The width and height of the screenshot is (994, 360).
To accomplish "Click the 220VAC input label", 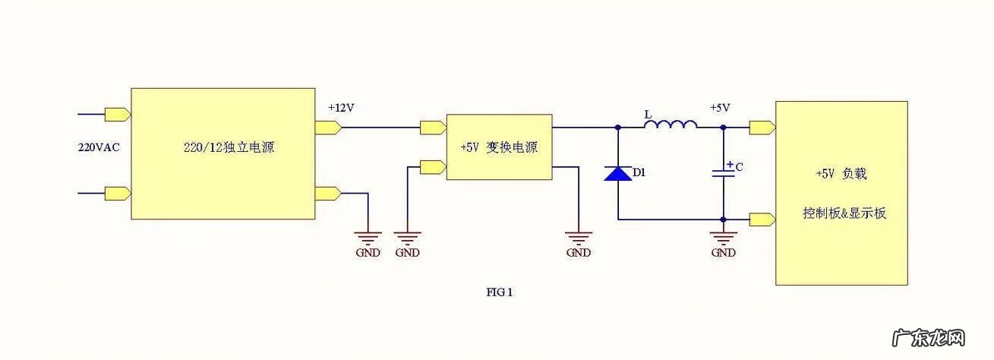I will [x=99, y=147].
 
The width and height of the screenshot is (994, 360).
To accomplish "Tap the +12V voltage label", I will [x=341, y=108].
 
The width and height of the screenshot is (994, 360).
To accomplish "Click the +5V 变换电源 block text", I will [x=498, y=147].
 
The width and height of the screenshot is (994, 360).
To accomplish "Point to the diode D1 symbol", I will [x=617, y=173].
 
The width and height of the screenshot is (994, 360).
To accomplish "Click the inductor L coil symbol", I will [x=671, y=125].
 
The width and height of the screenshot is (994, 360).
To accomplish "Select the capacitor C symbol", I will [x=723, y=172].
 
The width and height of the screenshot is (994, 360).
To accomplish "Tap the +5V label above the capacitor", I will [x=720, y=108].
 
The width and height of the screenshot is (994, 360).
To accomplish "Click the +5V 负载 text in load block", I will [x=841, y=173].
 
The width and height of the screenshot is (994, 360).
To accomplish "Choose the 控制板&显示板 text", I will [x=844, y=213].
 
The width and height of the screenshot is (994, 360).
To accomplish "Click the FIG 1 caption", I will [x=500, y=291].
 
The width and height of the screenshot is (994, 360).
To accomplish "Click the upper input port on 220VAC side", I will [x=118, y=115].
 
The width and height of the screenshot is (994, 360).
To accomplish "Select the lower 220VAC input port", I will [x=118, y=193].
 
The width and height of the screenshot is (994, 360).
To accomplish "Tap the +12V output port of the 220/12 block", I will [x=327, y=127].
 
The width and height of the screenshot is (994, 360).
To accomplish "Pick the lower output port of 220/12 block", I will [x=327, y=193].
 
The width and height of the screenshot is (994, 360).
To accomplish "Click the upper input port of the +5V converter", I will [x=433, y=127].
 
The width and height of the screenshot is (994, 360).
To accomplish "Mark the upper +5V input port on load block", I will [x=762, y=127].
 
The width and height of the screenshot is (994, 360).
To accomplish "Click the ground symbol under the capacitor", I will [x=723, y=237].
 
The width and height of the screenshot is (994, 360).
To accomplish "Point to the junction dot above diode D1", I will [x=617, y=128].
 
